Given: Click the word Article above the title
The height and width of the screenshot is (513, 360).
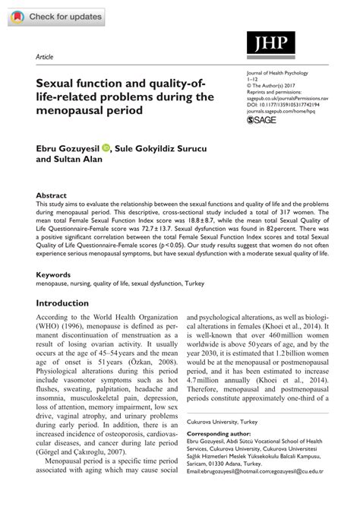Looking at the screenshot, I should tap(45, 57).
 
